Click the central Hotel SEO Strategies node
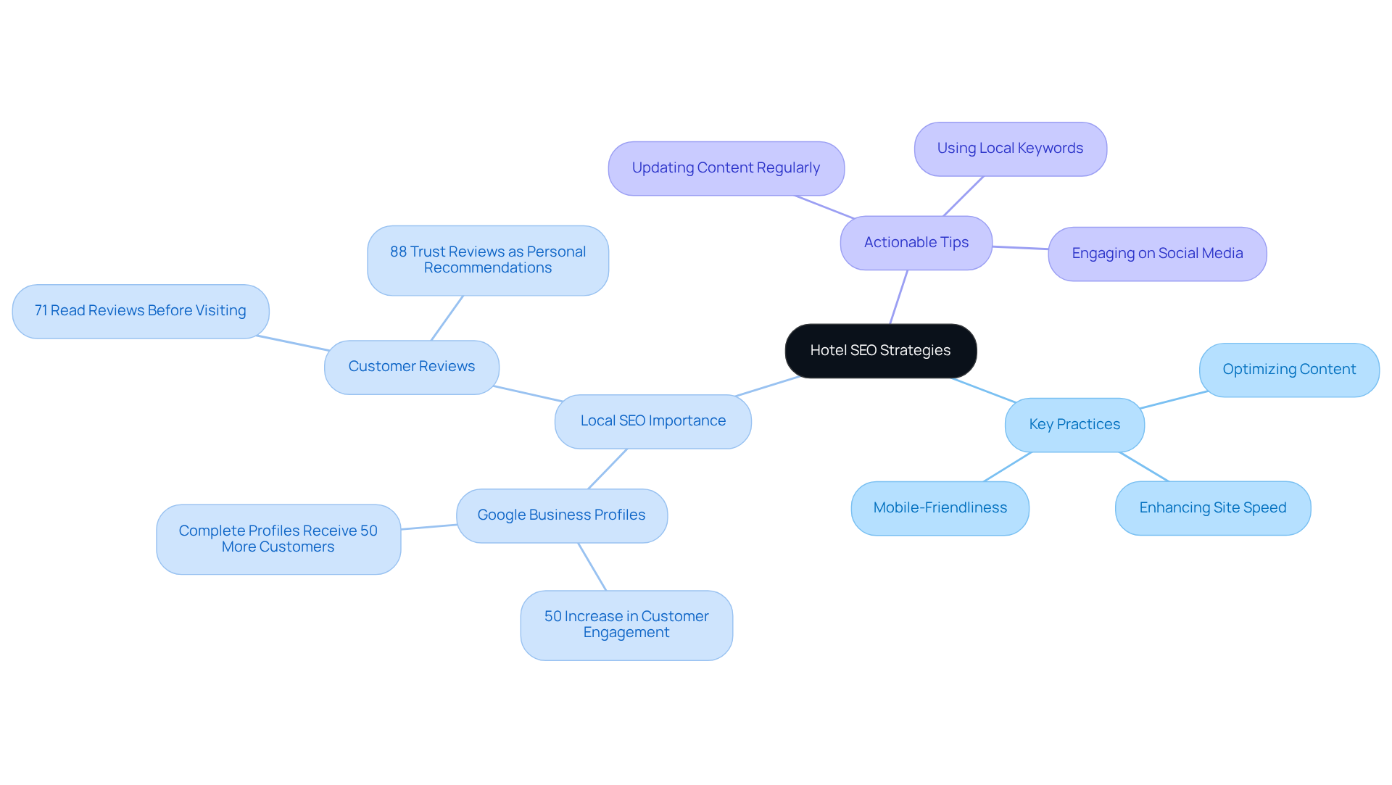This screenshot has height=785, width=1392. click(x=880, y=351)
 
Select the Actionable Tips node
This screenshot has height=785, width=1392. click(x=916, y=243)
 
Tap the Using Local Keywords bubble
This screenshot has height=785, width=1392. click(x=1010, y=149)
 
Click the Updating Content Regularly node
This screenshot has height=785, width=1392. click(x=726, y=168)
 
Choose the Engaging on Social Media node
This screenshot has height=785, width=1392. click(x=1157, y=254)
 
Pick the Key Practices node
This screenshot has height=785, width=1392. click(x=1074, y=425)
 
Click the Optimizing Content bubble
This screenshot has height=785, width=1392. click(x=1289, y=370)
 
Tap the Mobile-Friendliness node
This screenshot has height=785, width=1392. click(x=940, y=508)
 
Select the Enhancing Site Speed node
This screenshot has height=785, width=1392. click(x=1212, y=508)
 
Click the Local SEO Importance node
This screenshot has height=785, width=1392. click(x=652, y=421)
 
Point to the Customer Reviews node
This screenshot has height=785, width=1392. click(x=411, y=367)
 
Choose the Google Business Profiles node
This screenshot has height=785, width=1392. click(x=561, y=515)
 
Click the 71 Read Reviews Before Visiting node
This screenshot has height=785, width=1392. click(x=141, y=311)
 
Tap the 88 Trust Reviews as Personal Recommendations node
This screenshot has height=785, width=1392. click(x=487, y=260)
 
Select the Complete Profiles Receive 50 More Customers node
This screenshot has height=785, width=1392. click(x=278, y=539)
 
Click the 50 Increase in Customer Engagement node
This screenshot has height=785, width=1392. click(x=626, y=625)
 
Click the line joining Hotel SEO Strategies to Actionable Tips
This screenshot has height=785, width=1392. click(x=899, y=297)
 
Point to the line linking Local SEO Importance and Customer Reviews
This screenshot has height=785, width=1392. click(x=527, y=394)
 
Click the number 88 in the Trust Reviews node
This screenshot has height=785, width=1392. click(x=398, y=252)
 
